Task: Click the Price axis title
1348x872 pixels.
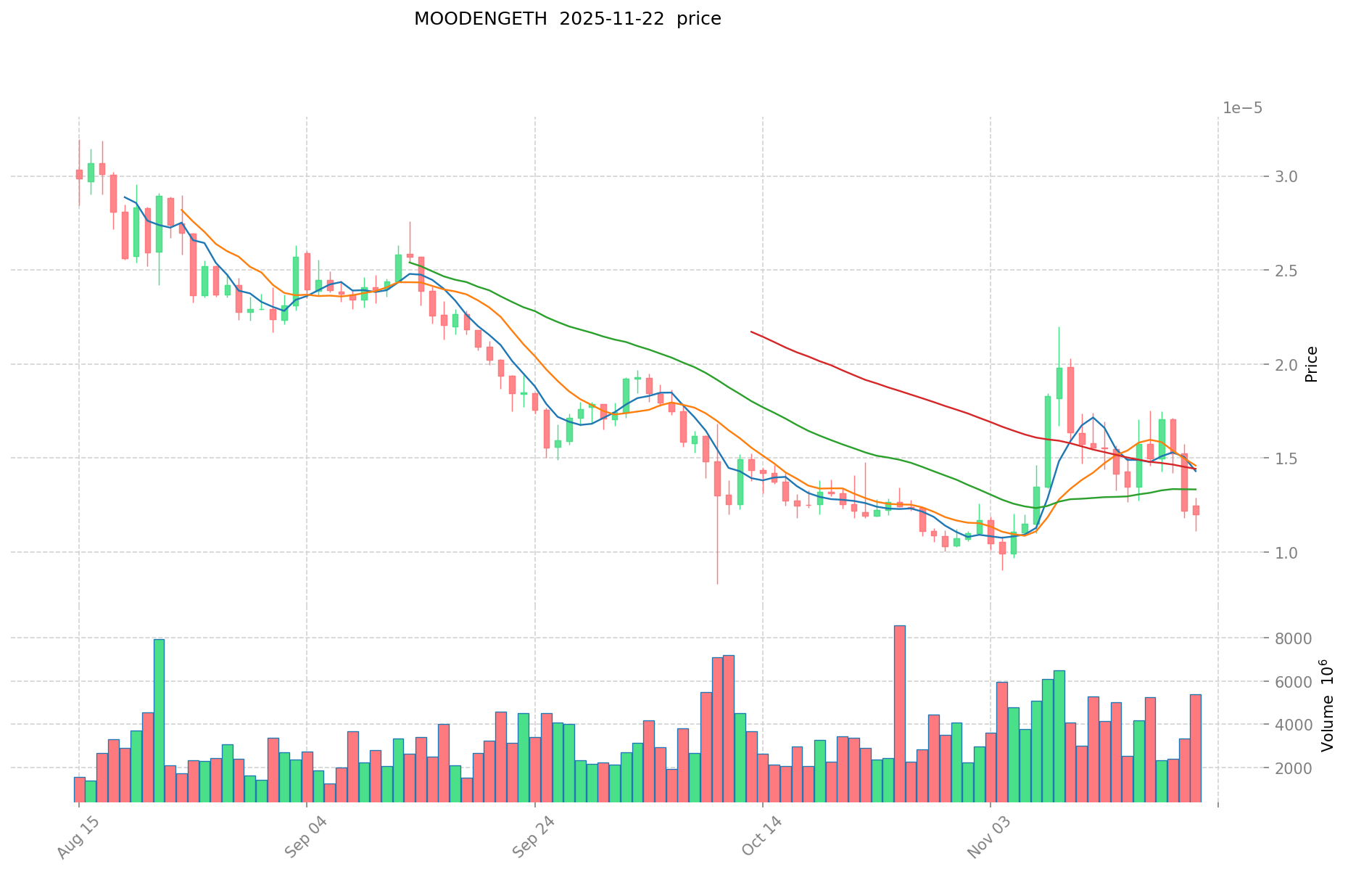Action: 1311,364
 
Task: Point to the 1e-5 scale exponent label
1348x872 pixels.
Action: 1242,109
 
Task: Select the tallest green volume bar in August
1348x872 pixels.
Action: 159,720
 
